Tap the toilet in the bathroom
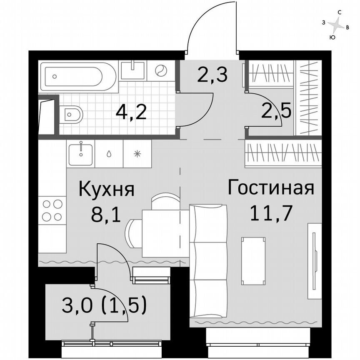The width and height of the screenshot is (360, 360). (x=71, y=113)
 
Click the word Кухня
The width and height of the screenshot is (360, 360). (x=107, y=190)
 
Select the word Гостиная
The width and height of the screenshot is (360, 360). (x=270, y=188)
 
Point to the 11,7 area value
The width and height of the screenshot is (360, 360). (x=270, y=213)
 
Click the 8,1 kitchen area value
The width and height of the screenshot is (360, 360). (x=107, y=215)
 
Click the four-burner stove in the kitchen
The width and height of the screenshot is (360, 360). (x=52, y=210)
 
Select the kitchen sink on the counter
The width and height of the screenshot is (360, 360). (x=80, y=153)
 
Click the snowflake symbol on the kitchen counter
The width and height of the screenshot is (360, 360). (x=137, y=153)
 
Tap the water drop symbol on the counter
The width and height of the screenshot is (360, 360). (x=109, y=153)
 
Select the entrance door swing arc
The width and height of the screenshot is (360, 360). (x=204, y=25)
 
